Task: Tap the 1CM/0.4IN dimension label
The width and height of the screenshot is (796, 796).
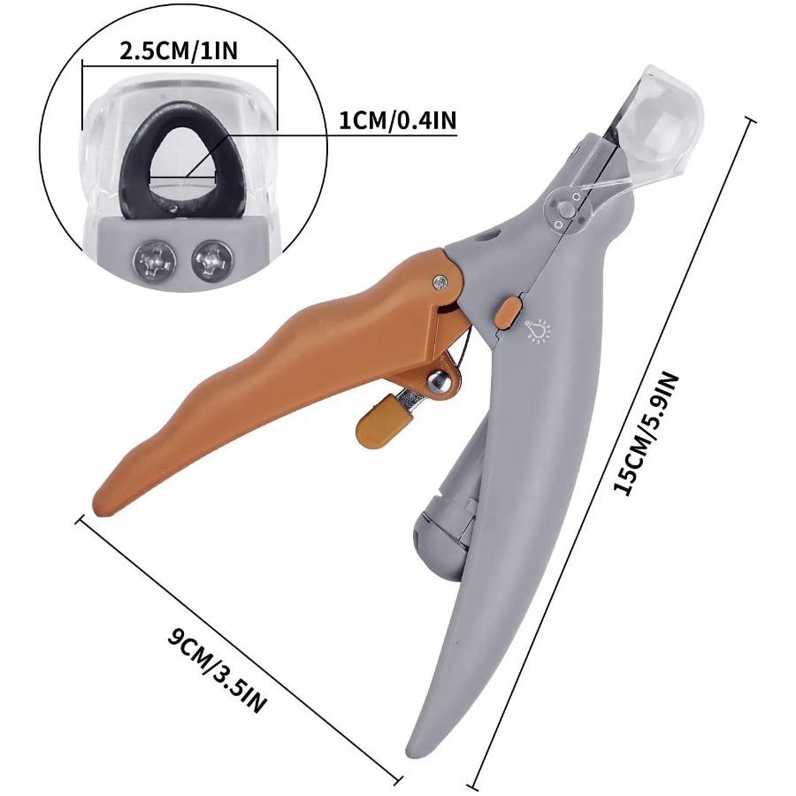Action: tap(398, 121)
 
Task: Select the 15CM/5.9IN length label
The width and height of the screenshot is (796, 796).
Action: tap(647, 433)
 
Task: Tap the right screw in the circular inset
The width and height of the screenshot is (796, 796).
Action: tap(213, 258)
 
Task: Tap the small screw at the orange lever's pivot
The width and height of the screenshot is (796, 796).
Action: tap(440, 282)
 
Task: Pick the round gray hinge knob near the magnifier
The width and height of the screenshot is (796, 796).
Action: tap(567, 210)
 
